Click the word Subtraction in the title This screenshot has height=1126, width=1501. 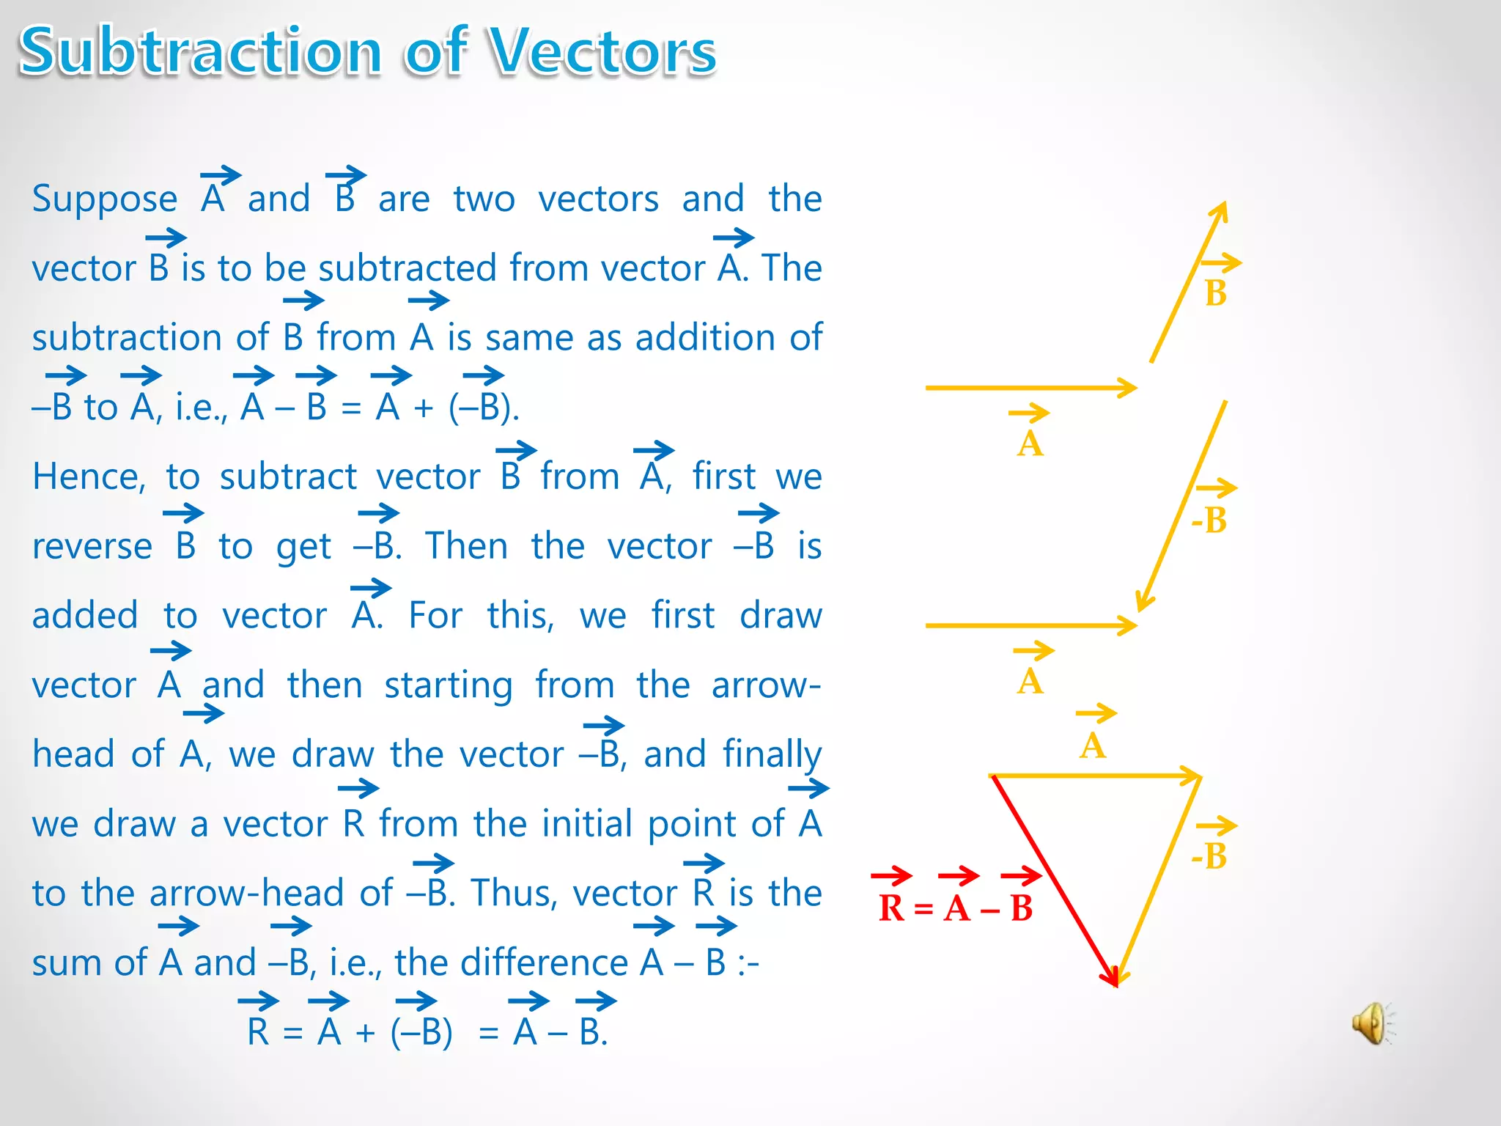point(200,51)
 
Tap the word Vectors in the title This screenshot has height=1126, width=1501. point(602,51)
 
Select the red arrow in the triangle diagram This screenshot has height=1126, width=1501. point(1054,880)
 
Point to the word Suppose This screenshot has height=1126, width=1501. point(105,199)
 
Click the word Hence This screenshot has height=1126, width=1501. point(89,477)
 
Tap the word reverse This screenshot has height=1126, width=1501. point(92,547)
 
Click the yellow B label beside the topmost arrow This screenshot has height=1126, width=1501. point(1216,293)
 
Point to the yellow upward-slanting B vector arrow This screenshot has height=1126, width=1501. point(1187,282)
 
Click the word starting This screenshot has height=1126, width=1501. point(448,686)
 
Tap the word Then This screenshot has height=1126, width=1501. point(466,547)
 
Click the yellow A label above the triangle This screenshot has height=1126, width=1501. point(1092,746)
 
